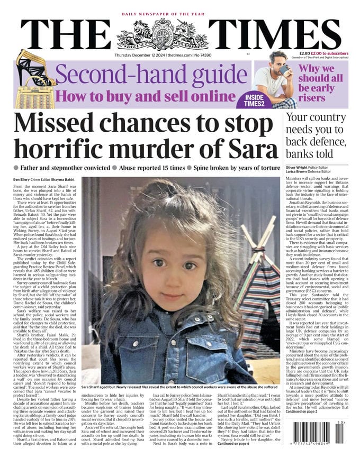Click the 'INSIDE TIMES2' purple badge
260,100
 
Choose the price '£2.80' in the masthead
307,53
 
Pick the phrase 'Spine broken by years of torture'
236,168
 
